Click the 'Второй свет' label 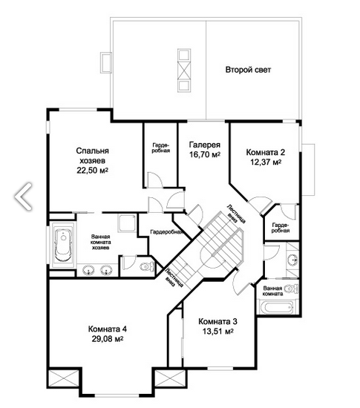tap(248, 70)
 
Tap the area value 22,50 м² tap(92, 170)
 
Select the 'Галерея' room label tap(205, 145)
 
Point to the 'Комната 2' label tap(266, 152)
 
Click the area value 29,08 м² tap(108, 339)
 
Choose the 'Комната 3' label tap(218, 322)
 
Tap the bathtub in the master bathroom tap(63, 245)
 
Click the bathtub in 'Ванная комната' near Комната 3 tap(276, 308)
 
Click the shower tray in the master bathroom tap(127, 223)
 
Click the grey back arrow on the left tap(23, 196)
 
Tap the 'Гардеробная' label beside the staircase tap(166, 232)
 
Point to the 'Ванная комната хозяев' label tap(100, 242)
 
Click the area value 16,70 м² tap(205, 154)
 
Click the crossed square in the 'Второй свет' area tap(184, 70)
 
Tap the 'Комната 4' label tap(108, 329)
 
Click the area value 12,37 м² tap(266, 162)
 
